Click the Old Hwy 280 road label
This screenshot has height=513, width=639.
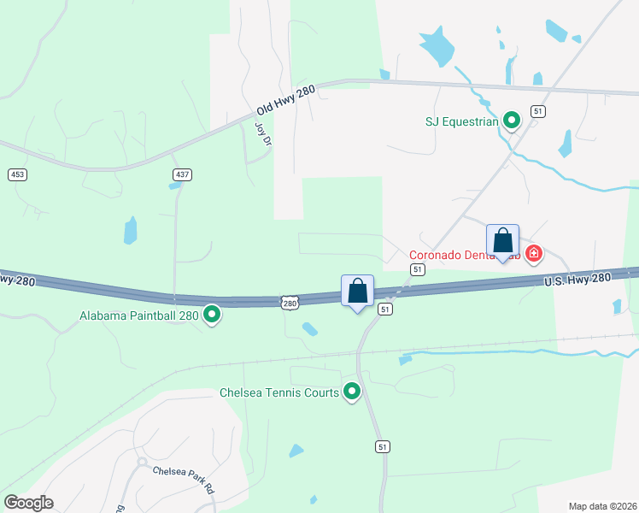click(x=286, y=100)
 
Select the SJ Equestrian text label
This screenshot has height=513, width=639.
click(x=461, y=121)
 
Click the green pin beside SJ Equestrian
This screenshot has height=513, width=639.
click(x=512, y=121)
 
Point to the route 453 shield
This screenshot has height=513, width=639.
click(x=16, y=174)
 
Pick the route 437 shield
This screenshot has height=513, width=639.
click(x=181, y=174)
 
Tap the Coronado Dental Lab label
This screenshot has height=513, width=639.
click(x=461, y=255)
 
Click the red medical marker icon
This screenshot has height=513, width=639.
click(x=534, y=254)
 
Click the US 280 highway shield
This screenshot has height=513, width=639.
click(x=290, y=303)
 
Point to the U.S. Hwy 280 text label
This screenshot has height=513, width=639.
click(x=577, y=280)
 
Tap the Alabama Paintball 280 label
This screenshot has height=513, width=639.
click(x=139, y=315)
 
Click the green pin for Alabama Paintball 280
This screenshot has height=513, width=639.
click(x=213, y=315)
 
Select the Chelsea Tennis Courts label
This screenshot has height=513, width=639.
click(x=279, y=393)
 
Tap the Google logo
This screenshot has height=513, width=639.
click(x=28, y=502)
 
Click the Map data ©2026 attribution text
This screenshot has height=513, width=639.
click(x=602, y=506)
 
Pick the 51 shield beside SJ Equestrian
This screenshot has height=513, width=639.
click(x=537, y=111)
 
